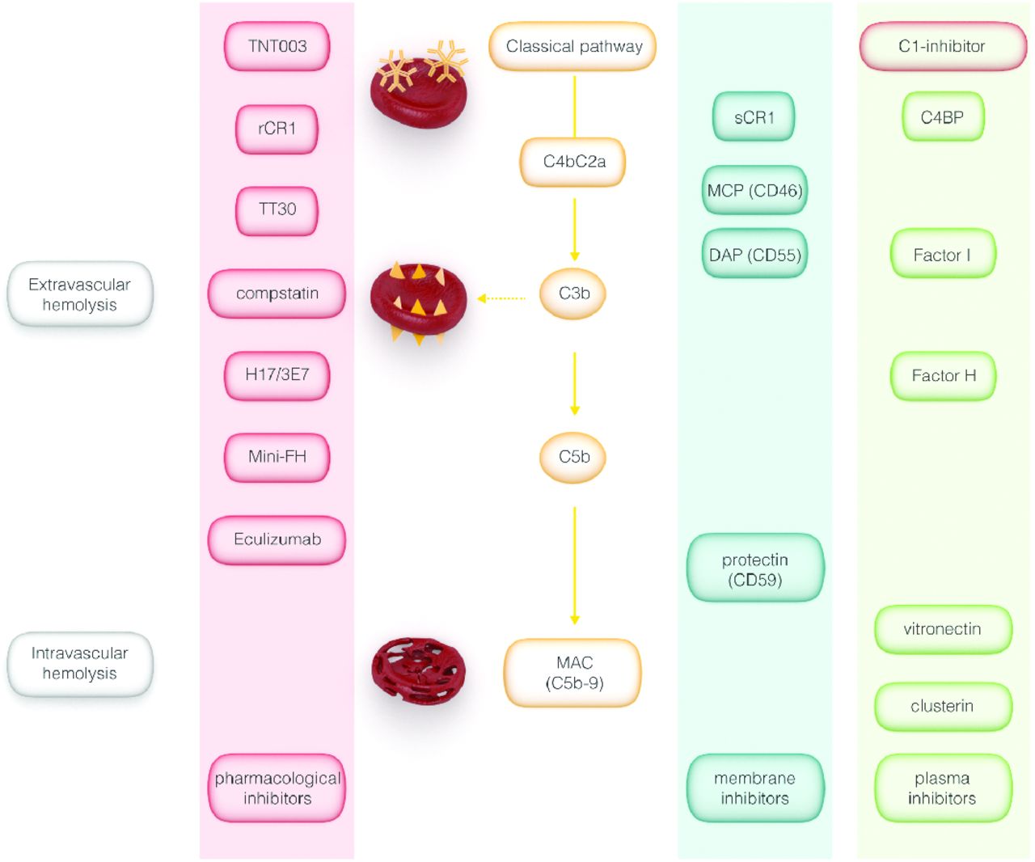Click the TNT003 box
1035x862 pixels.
277,46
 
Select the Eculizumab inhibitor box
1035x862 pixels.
277,539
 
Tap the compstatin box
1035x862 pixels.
277,294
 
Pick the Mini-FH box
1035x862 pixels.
277,457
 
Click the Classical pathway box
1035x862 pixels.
573,46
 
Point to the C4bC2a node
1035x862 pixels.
573,162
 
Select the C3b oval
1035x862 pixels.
573,294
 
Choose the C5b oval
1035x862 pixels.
573,457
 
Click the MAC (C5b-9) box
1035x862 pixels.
573,673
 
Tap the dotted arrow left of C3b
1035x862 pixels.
501,298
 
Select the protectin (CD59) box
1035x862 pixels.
754,569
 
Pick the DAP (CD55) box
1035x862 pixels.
754,256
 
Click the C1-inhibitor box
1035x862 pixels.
942,46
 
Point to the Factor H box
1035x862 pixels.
943,376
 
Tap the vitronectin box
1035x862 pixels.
942,629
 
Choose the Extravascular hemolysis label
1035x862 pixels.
79,294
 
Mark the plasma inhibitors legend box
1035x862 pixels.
942,788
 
